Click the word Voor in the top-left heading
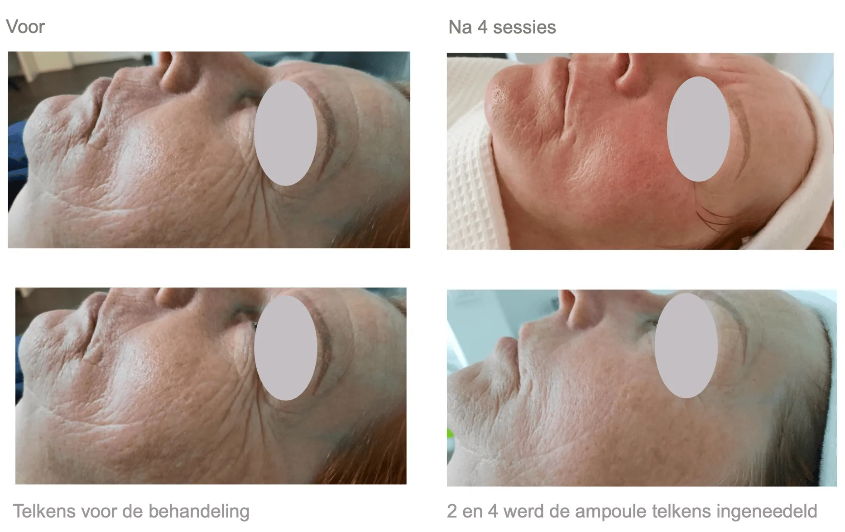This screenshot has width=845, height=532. pos(25,27)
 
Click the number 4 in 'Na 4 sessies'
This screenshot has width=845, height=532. pos(482,27)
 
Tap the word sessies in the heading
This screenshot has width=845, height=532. pos(524,28)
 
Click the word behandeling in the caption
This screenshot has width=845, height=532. pos(199,512)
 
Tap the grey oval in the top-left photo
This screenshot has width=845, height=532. pos(285,133)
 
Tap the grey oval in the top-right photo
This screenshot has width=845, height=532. pos(698,129)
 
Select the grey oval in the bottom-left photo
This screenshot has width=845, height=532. pos(285,347)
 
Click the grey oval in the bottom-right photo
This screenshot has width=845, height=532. pos(686,346)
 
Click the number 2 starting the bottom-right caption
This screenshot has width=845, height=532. pos(452,511)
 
